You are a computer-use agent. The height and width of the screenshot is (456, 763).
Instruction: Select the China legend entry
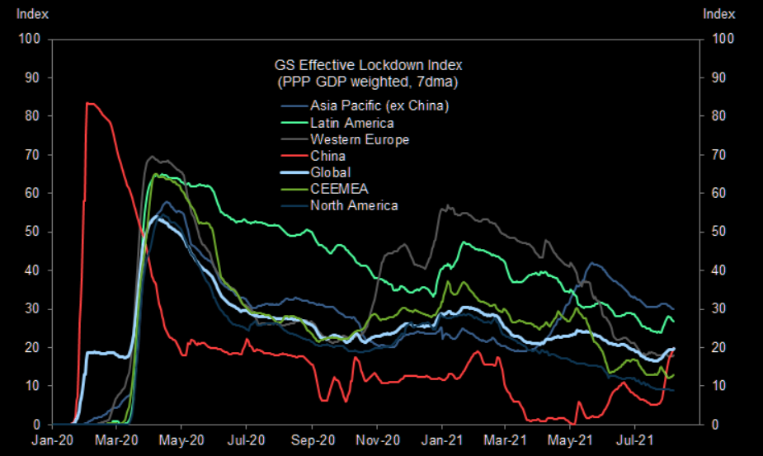327,156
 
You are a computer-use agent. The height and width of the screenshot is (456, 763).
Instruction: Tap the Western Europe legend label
359,139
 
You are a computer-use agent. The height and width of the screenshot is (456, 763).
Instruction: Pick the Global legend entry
330,172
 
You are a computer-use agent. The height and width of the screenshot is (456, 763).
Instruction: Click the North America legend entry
354,205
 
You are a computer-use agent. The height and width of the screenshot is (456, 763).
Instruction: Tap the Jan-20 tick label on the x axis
53,440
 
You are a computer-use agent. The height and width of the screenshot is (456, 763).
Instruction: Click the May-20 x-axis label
181,440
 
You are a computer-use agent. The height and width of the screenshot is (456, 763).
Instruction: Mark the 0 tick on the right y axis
714,425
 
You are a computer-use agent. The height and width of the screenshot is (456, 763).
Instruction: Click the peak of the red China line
87,103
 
